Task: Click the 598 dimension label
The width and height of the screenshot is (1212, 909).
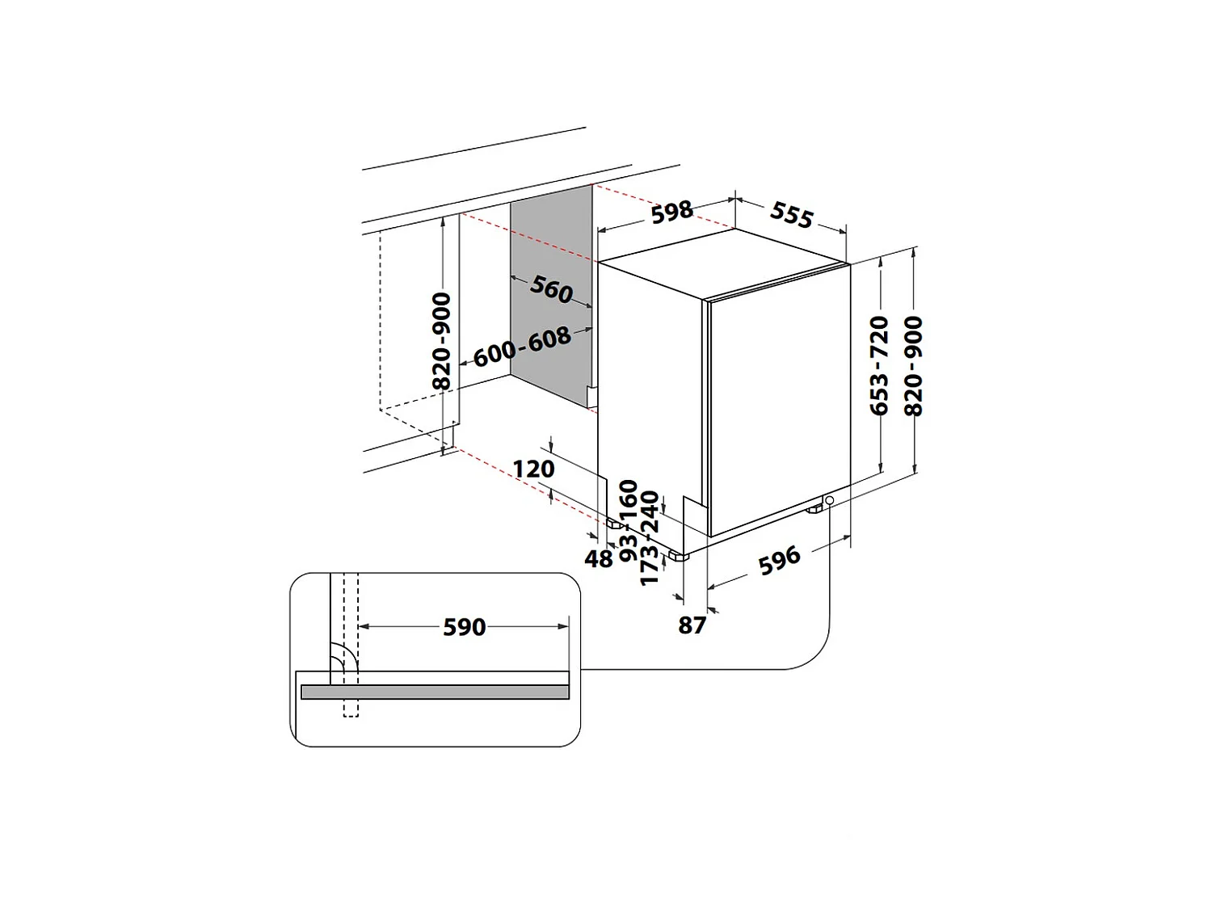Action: click(x=672, y=212)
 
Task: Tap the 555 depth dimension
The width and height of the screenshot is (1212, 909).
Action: click(x=791, y=215)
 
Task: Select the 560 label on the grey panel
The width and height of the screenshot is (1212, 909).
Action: click(x=552, y=288)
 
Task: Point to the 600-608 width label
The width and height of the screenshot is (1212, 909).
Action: click(x=522, y=347)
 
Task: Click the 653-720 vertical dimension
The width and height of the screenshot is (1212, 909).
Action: click(x=880, y=365)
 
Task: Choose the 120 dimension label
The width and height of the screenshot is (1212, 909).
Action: click(x=534, y=469)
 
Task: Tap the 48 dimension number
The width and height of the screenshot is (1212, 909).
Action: click(x=599, y=558)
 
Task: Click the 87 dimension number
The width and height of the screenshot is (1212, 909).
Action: click(x=692, y=625)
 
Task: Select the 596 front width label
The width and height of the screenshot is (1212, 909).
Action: click(x=780, y=559)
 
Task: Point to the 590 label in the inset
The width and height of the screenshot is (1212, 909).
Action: click(x=465, y=627)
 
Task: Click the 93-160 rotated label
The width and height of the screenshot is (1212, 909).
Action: click(x=629, y=520)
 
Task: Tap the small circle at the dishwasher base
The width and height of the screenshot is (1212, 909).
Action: click(x=830, y=501)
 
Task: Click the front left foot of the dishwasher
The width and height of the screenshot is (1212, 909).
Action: click(x=675, y=557)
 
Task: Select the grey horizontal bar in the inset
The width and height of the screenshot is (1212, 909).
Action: click(x=435, y=692)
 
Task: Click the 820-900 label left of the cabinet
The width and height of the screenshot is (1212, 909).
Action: click(x=442, y=341)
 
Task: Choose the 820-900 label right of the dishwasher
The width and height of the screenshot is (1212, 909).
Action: click(x=914, y=365)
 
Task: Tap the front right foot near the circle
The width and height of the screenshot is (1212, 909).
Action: click(x=813, y=509)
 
